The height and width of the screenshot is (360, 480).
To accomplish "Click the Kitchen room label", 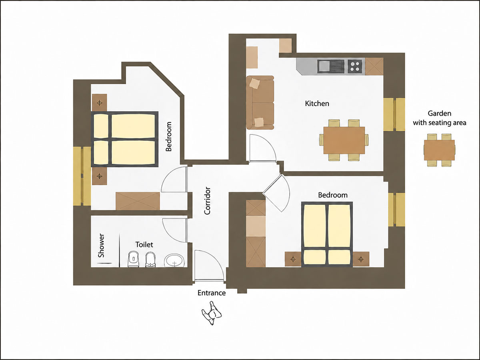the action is coord(317,103).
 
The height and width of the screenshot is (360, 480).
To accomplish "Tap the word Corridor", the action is coord(207,201).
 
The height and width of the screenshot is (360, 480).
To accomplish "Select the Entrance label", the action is coord(212,293).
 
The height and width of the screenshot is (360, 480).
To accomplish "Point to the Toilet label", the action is coord(144,244).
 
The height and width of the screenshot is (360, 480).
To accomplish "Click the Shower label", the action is coord(101,245).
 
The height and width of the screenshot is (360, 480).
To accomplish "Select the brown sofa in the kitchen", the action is coord(260,102).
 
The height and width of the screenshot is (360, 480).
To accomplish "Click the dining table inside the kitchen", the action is coord(344,140).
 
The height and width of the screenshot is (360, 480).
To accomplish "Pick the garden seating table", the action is coord(439,150).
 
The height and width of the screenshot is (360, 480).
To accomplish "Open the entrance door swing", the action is coord(209,266).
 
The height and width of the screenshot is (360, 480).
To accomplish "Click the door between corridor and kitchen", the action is coord(262,148).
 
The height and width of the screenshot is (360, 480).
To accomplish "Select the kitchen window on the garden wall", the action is coord(394,114).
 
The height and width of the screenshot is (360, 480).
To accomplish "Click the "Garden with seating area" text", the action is coord(439,118).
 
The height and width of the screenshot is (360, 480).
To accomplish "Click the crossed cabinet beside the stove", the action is coord(374,66).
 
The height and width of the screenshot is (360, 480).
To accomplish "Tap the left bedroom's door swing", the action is coord(174,180).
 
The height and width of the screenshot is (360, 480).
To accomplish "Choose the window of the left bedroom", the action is coord(82,176).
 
